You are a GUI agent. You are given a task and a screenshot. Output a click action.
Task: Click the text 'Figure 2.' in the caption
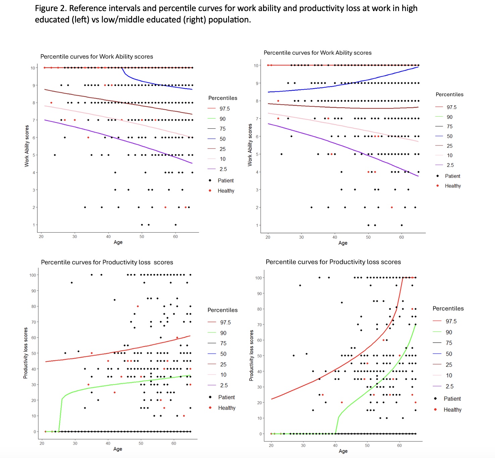pos(51,8)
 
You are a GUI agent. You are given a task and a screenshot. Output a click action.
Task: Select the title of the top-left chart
pos(97,57)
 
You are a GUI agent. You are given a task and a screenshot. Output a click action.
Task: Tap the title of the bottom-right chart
pos(333,262)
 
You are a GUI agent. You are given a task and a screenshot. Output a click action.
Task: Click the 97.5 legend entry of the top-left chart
pos(224,109)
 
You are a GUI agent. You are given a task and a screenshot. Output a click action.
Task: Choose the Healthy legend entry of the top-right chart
pos(452,186)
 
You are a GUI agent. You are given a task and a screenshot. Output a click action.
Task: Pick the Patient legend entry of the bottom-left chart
pos(226,397)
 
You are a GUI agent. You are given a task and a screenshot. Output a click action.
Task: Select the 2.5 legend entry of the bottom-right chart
pos(449,387)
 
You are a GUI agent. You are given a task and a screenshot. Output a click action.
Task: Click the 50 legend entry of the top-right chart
pos(449,136)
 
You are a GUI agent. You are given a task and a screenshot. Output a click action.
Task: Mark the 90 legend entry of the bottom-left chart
pos(223,333)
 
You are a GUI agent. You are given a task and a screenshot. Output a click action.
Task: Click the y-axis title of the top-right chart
pos(250,145)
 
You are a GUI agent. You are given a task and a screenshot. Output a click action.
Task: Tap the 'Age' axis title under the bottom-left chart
pos(118,449)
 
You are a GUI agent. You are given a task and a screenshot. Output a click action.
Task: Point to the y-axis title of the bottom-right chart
pos(251,355)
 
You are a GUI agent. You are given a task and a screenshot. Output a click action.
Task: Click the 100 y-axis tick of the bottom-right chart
pos(258,278)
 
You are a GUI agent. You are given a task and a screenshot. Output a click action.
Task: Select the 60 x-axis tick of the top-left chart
pos(175,236)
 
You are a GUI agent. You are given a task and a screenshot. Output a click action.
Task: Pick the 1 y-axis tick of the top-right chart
pos(257,225)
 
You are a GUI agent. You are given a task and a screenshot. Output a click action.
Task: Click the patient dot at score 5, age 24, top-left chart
pos(55,155)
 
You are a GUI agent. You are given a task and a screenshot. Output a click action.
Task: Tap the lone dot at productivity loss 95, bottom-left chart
pos(71,283)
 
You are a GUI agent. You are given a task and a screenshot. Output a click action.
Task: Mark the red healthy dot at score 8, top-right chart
pos(278,101)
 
